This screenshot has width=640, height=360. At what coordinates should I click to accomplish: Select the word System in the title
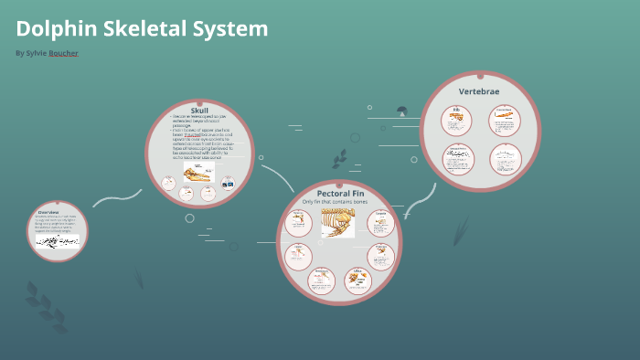(x=231, y=29)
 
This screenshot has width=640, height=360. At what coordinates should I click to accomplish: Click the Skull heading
(x=199, y=111)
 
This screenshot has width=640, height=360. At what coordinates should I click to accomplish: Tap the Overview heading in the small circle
(x=48, y=212)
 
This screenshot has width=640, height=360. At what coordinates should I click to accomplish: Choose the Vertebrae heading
(x=479, y=91)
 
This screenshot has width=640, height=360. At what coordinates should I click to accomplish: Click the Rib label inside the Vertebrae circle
(x=455, y=111)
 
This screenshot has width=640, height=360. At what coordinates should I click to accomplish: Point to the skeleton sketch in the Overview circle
(x=58, y=241)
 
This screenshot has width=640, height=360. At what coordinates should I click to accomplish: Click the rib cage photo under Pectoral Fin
(x=337, y=222)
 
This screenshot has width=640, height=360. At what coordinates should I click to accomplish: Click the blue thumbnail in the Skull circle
(x=228, y=185)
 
